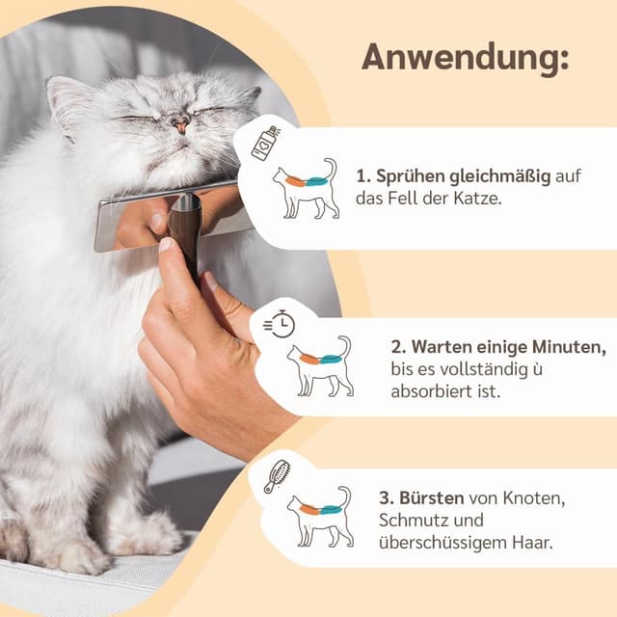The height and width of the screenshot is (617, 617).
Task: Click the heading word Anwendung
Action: click(x=465, y=58)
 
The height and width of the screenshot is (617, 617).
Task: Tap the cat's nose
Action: click(x=180, y=123)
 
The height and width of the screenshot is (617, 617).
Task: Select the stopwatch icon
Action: click(x=279, y=324)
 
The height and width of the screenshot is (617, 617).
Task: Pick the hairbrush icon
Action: click(x=277, y=476)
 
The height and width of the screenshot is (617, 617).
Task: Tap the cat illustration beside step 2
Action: click(x=320, y=366)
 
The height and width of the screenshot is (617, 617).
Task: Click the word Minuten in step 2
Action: click(x=568, y=345)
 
